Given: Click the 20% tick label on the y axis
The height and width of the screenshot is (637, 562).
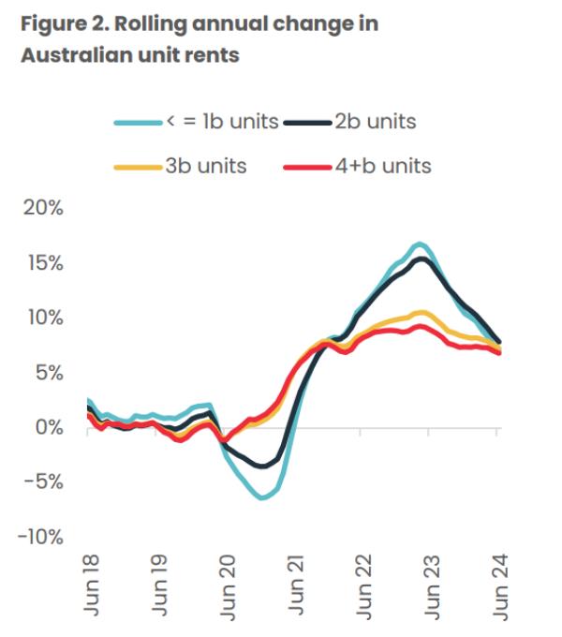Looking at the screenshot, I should [43, 208].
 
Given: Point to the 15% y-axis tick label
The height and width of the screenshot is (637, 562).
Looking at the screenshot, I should [43, 263].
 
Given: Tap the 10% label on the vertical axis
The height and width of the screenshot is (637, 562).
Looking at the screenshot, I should [43, 318].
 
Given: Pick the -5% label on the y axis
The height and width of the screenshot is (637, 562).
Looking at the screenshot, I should [43, 482].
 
